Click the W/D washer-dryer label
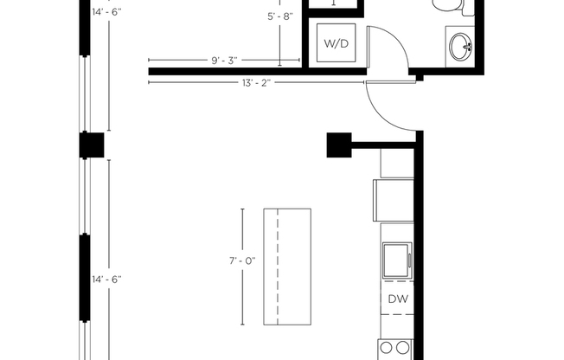(335, 43)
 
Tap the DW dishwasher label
(397, 299)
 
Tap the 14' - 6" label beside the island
(108, 279)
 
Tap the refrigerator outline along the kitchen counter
(394, 199)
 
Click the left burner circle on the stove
(386, 349)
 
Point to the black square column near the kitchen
(337, 144)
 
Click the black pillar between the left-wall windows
(91, 145)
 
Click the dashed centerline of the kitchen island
(277, 266)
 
